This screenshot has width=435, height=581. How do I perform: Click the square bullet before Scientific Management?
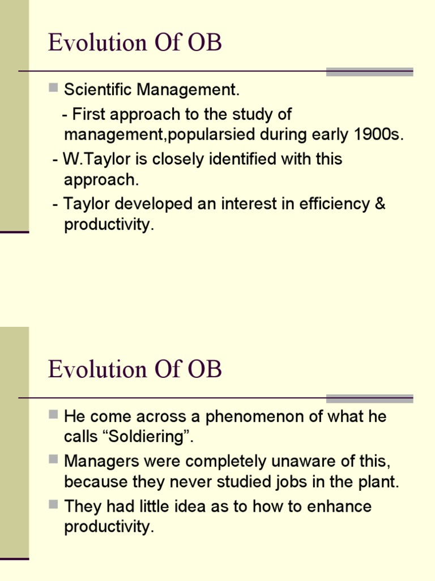click(53, 88)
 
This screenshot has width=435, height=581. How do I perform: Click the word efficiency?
click(328, 204)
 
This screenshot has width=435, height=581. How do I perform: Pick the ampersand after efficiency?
click(379, 204)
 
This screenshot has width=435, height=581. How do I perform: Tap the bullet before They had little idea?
click(53, 504)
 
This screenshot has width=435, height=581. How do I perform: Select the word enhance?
click(339, 506)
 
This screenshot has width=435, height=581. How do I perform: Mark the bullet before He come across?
click(53, 415)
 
